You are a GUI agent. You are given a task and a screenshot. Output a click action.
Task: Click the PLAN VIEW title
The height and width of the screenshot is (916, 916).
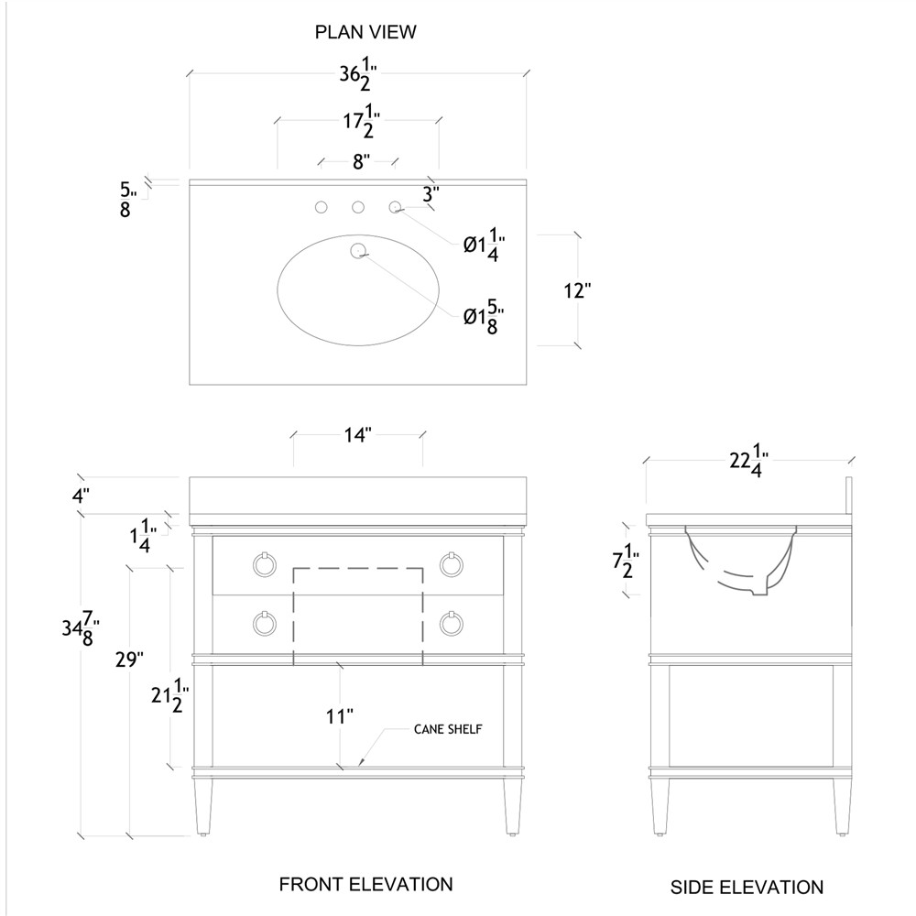pyautogui.click(x=365, y=32)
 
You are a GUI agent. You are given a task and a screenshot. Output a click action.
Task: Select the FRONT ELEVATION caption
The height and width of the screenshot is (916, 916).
pyautogui.click(x=365, y=884)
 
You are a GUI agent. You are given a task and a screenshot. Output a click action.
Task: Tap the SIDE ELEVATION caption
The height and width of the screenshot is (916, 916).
pyautogui.click(x=747, y=887)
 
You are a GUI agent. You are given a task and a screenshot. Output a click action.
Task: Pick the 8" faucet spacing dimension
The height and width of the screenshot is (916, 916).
pyautogui.click(x=360, y=162)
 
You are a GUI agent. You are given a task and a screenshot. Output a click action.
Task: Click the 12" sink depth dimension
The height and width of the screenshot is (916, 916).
pyautogui.click(x=577, y=291)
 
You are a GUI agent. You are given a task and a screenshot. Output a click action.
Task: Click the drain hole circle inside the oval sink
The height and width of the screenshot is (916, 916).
pyautogui.click(x=358, y=250)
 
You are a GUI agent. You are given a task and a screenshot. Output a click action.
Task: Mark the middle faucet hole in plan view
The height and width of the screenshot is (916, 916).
pyautogui.click(x=358, y=208)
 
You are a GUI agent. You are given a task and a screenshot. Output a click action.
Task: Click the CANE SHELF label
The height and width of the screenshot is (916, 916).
pyautogui.click(x=448, y=729)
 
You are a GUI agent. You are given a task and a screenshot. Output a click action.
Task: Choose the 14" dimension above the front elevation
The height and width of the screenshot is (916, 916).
pyautogui.click(x=356, y=435)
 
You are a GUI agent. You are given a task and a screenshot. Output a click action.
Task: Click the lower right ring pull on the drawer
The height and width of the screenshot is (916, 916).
pyautogui.click(x=450, y=624)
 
